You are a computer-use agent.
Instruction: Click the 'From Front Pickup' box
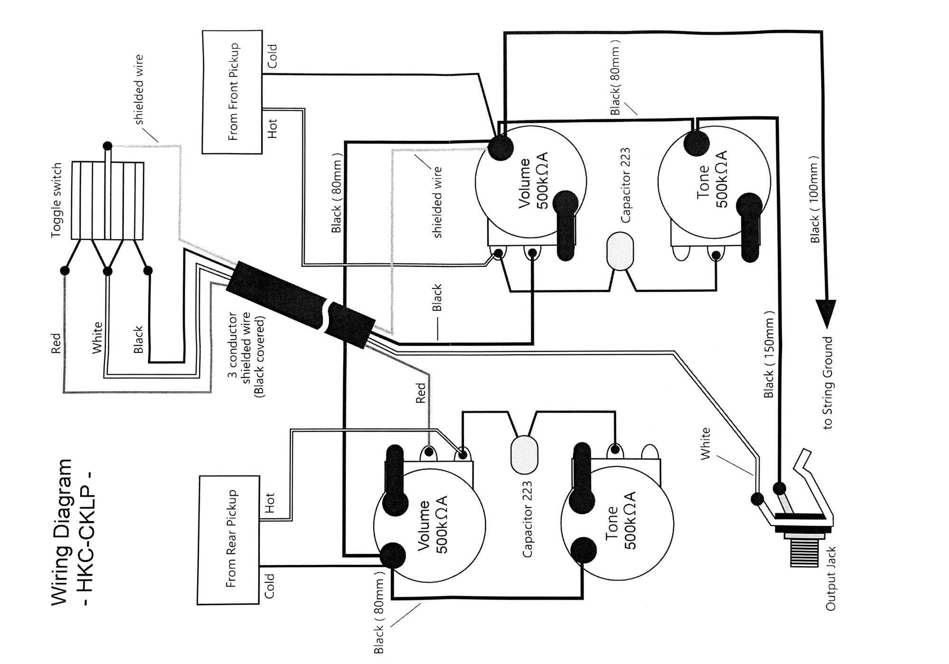pyautogui.click(x=232, y=92)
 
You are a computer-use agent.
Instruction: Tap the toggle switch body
pyautogui.click(x=107, y=201)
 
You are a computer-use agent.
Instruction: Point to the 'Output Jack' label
pyautogui.click(x=830, y=579)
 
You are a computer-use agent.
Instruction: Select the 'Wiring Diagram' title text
pyautogui.click(x=62, y=532)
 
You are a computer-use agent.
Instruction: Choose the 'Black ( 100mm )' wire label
pyautogui.click(x=815, y=200)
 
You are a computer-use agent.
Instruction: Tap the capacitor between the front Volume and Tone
pyautogui.click(x=620, y=250)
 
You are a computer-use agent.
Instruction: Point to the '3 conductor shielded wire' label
pyautogui.click(x=247, y=354)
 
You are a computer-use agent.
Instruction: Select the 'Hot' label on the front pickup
pyautogui.click(x=272, y=128)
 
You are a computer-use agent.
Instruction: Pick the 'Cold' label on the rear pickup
pyautogui.click(x=270, y=585)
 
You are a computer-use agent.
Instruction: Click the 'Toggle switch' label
pyautogui.click(x=56, y=200)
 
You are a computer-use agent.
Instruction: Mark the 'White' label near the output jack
pyautogui.click(x=706, y=443)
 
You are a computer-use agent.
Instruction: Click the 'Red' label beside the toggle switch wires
pyautogui.click(x=56, y=343)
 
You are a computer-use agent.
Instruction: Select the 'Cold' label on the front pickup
pyautogui.click(x=272, y=56)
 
